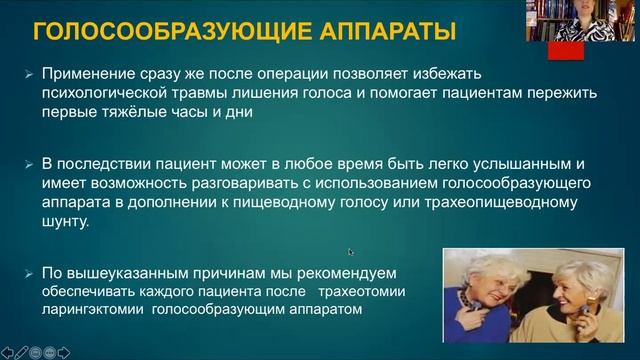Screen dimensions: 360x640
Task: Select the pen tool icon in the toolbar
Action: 23,351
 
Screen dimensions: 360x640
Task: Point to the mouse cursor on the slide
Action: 351,252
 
